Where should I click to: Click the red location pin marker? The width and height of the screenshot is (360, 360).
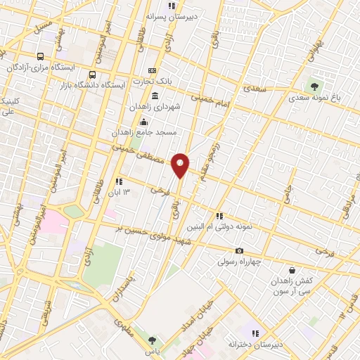(x=181, y=165)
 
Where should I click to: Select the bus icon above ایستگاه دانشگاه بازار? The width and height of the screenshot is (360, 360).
(x=92, y=75)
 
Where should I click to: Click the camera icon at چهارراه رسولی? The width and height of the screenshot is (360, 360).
(x=239, y=251)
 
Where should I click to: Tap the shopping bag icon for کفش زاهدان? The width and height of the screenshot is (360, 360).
(x=292, y=270)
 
